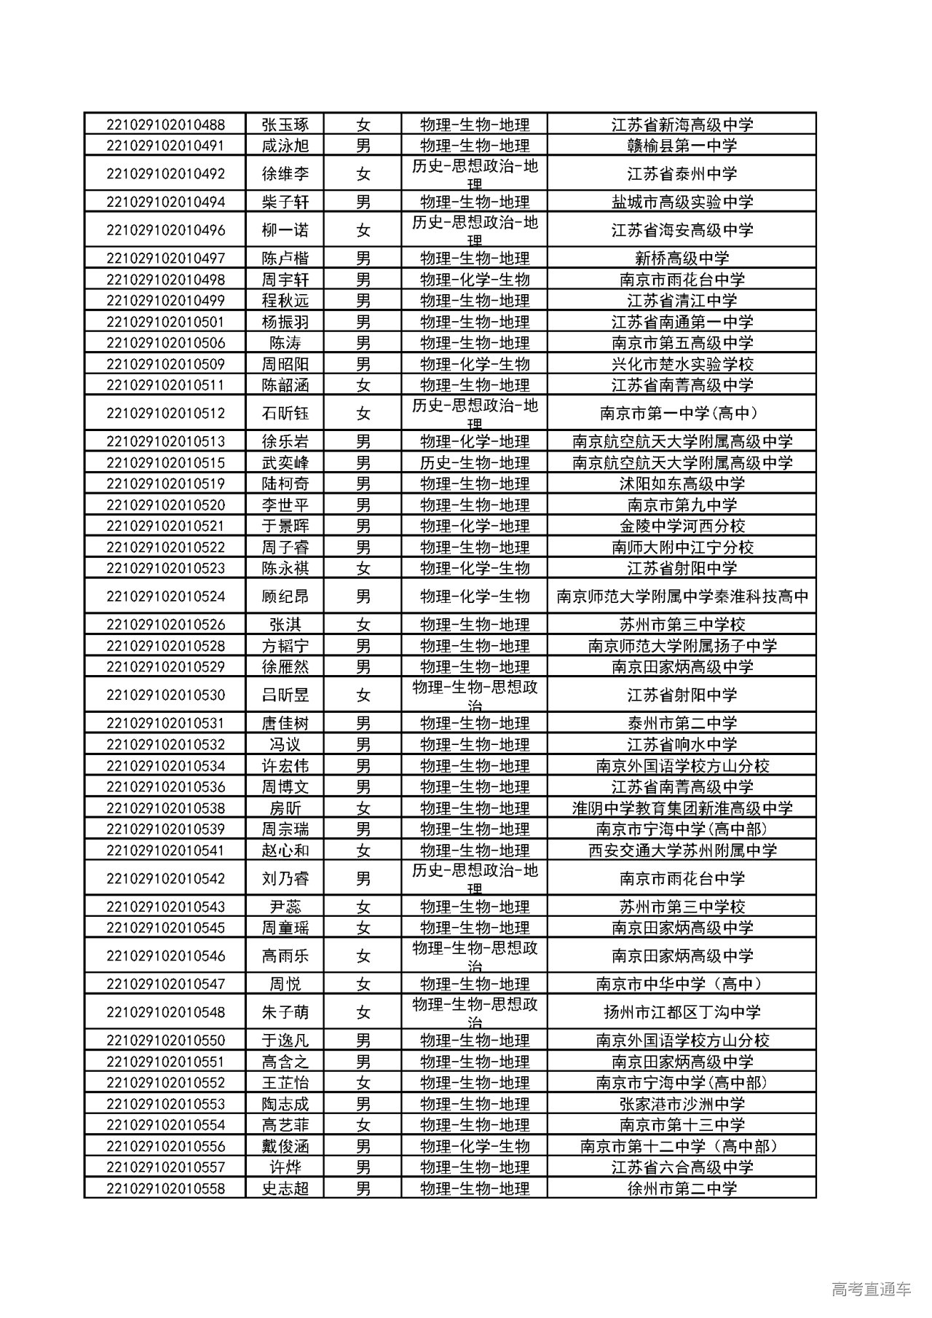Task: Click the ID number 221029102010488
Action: (x=165, y=125)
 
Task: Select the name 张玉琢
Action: (x=285, y=125)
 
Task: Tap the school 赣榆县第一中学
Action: (x=682, y=146)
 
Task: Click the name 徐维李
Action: (x=285, y=174)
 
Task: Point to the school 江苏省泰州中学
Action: (x=682, y=174)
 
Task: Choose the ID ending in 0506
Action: (x=165, y=343)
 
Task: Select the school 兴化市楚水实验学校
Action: (x=682, y=364)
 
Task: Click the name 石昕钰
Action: (x=285, y=414)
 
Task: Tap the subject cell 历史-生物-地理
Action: (x=475, y=463)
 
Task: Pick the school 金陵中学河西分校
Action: (x=682, y=526)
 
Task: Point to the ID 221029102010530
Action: (x=165, y=695)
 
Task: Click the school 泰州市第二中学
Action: (x=682, y=724)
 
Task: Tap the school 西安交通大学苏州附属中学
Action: (x=682, y=851)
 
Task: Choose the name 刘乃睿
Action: (x=285, y=879)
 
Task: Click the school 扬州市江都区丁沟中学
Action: (x=682, y=1012)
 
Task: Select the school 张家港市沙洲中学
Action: (x=682, y=1104)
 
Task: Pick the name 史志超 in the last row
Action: (x=285, y=1188)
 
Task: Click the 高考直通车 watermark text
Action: (x=870, y=1289)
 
